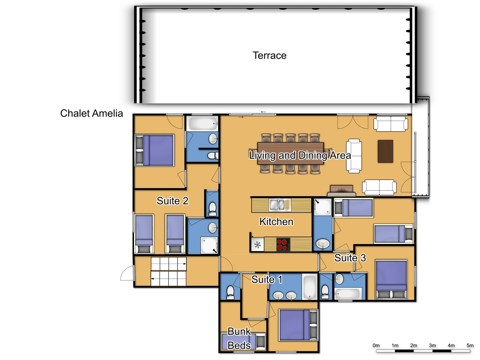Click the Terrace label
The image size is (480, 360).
tap(269, 55)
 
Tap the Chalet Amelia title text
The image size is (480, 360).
tap(92, 114)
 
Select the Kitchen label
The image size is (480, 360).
tap(276, 222)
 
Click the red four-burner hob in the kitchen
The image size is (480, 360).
tap(283, 244)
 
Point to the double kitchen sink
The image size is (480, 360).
tap(280, 205)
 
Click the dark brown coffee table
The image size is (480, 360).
tap(385, 151)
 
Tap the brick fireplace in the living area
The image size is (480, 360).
tap(341, 191)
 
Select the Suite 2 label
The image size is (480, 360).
tap(172, 201)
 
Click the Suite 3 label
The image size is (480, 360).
tap(350, 258)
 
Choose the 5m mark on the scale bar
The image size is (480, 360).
tap(470, 345)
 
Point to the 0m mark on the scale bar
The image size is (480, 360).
tap(376, 345)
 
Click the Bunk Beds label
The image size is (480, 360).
tap(239, 338)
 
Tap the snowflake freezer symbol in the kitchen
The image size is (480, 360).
tap(258, 244)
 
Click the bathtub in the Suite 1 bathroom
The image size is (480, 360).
tap(309, 287)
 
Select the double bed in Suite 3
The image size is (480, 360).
tap(391, 279)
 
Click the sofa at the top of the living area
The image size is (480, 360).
tap(391, 124)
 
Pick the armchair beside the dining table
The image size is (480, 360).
tap(354, 156)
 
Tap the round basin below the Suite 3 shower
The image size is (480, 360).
tap(323, 244)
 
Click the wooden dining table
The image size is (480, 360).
tap(291, 153)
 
